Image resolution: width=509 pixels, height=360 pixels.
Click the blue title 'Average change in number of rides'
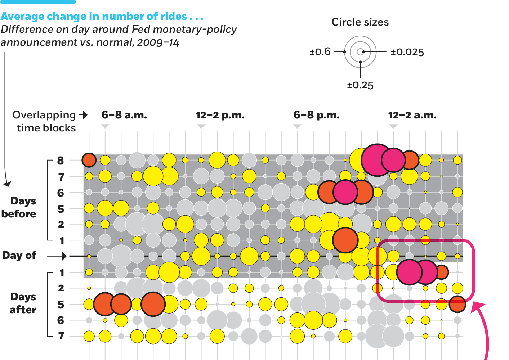tap(102, 17)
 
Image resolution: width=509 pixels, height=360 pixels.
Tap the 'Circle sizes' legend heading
tap(360, 22)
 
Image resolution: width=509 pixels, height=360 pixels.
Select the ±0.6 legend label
tap(320, 52)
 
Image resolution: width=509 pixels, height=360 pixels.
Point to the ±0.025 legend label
tap(407, 52)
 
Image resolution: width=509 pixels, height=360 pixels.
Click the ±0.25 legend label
tap(360, 85)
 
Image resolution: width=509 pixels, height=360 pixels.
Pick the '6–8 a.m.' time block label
tap(124, 115)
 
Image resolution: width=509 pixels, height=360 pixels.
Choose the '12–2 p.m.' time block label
tap(220, 116)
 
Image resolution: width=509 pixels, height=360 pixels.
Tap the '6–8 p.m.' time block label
tap(316, 115)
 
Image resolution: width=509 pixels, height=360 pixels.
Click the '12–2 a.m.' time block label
tap(412, 116)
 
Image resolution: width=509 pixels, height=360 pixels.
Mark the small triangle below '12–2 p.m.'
tap(201, 126)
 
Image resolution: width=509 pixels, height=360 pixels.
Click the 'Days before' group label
tap(19, 207)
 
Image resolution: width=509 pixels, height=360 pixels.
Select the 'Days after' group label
tap(23, 303)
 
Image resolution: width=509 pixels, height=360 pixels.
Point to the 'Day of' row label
tap(19, 256)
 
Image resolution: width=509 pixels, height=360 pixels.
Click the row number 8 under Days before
tap(61, 160)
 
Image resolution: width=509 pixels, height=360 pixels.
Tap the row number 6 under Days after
tap(61, 320)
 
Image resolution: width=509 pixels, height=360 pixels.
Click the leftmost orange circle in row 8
tap(89, 160)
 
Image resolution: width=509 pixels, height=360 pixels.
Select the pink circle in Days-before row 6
tap(345, 192)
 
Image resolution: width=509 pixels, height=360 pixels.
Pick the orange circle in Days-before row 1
tap(345, 240)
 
